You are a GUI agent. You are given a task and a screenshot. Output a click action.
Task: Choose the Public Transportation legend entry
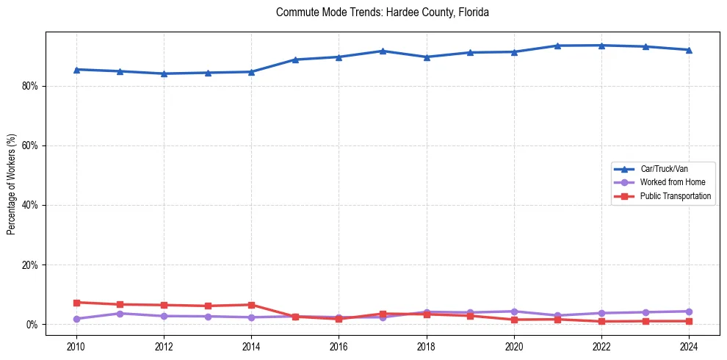675,196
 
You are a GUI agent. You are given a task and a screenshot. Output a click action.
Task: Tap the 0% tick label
32,324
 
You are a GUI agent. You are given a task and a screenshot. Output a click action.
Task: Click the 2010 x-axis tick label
76,345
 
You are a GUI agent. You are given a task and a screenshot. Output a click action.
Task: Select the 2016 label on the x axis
339,345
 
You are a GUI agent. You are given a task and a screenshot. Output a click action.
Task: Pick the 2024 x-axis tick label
689,345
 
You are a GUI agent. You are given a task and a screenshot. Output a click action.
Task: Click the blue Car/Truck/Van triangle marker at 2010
76,69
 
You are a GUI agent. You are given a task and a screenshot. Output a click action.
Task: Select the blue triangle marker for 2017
383,51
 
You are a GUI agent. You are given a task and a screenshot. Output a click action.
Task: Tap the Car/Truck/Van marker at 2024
689,50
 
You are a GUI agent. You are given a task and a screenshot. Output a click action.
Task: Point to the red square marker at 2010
76,303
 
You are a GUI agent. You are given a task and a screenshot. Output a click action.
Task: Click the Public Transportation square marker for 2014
251,305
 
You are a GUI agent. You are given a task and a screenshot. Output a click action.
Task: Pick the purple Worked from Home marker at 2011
120,313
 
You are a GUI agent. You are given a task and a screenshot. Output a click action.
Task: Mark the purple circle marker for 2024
689,312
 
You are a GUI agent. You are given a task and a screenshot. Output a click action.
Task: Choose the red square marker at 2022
601,321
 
